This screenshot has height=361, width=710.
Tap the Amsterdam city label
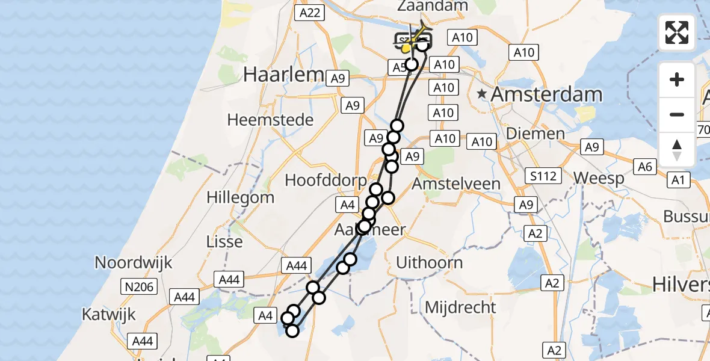[546, 94]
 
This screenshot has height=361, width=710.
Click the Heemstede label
[270, 120]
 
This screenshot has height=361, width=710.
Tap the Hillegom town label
[240, 197]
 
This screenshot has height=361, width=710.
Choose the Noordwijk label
[134, 262]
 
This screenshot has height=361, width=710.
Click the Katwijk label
[108, 314]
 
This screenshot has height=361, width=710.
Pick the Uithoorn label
[430, 262]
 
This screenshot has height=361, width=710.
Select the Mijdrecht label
[460, 307]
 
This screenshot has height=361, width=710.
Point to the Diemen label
[536, 133]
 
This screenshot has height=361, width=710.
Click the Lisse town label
[224, 242]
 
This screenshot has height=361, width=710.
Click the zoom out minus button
[677, 114]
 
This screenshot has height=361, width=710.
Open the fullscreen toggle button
[677, 32]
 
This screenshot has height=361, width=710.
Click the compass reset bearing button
[677, 149]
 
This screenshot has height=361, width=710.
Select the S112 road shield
[543, 176]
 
